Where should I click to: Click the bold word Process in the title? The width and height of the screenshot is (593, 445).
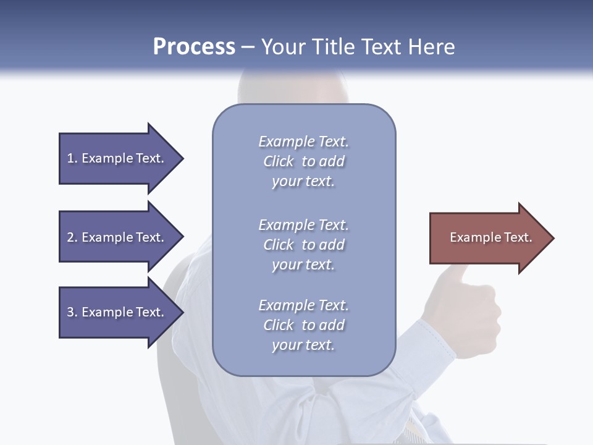[x=194, y=47]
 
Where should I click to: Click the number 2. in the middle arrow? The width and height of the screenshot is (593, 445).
[x=72, y=237]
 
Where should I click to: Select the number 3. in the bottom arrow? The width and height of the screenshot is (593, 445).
[x=72, y=312]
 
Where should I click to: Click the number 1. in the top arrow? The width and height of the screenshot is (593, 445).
[x=72, y=158]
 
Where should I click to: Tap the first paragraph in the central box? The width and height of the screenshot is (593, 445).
[x=303, y=161]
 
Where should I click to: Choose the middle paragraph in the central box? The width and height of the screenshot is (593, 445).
[x=303, y=245]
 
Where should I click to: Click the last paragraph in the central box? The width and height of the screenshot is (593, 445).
[x=303, y=325]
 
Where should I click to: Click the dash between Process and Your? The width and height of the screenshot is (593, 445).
[x=248, y=47]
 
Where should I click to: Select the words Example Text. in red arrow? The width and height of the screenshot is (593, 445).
[x=491, y=237]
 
